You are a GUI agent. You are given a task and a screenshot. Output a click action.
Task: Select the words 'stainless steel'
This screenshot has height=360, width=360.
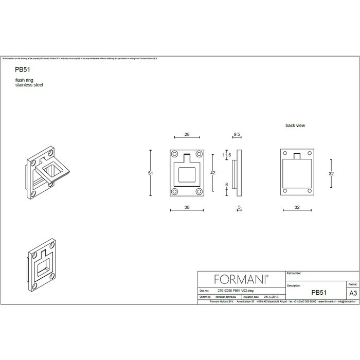(29, 84)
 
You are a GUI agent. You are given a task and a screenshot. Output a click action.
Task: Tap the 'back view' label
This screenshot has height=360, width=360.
(296, 125)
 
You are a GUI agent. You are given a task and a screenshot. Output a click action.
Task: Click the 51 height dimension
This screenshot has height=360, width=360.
(151, 173)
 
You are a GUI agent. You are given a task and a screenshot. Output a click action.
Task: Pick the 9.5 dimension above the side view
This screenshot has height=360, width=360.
(237, 134)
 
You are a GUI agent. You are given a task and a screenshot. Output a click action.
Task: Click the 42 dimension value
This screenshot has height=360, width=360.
(213, 173)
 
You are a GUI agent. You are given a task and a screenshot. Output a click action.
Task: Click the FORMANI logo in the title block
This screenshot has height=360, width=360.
(240, 279)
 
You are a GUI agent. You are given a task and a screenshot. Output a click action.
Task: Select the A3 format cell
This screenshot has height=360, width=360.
(353, 292)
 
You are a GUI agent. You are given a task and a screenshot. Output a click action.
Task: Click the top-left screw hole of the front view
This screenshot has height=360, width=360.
(175, 154)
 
